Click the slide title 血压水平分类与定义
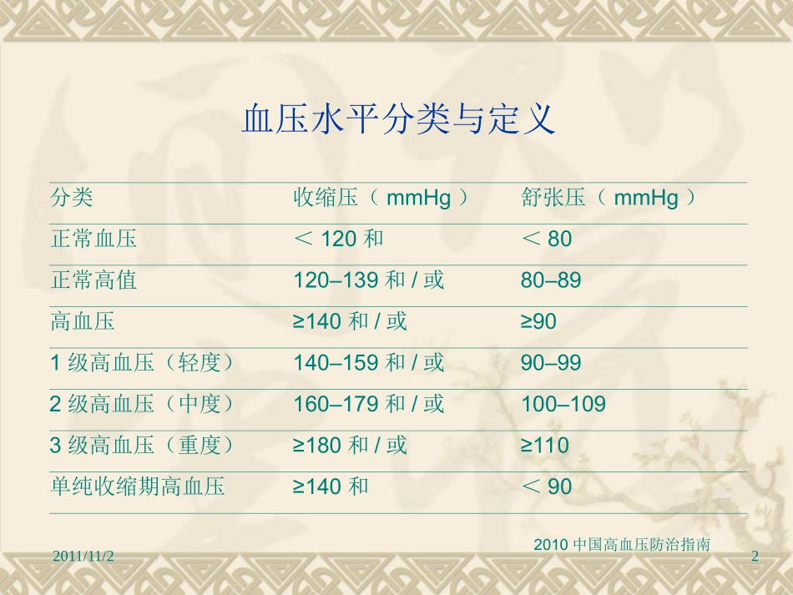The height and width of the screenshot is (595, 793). pos(398,120)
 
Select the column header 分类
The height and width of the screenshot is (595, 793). pos(72,199)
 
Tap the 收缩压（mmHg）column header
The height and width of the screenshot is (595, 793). pos(381,199)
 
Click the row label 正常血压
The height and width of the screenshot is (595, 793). pos(93,240)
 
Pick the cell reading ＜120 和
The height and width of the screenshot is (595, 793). pos(339,240)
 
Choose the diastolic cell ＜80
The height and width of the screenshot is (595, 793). pos(547,240)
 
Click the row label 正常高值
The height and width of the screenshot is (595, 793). pos(93,280)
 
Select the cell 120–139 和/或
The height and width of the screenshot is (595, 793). pos(369,280)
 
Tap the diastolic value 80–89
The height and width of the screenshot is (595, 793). pos(551,280)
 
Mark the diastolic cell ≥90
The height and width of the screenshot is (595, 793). pos(538,321)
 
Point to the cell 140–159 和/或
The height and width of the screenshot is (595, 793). pos(369,363)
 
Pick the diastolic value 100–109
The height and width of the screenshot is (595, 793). pos(563,405)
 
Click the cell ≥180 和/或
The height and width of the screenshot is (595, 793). pos(351,446)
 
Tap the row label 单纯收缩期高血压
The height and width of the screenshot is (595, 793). pos(138,487)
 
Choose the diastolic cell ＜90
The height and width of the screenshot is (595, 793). pos(547,487)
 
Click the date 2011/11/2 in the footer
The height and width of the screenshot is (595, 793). pos(83,556)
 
